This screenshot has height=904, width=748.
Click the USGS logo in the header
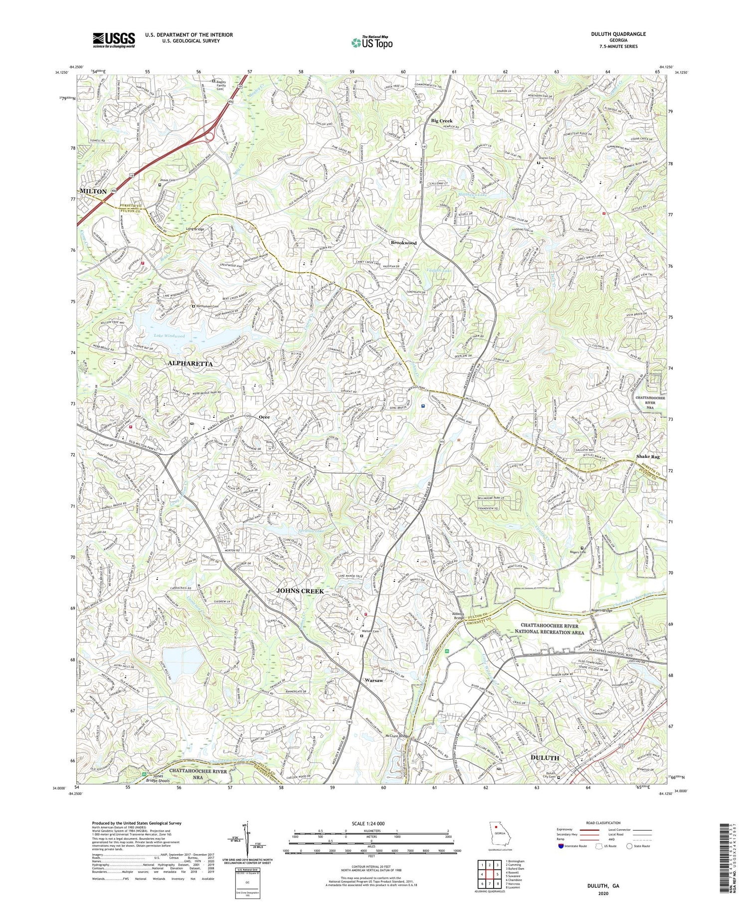coord(114,40)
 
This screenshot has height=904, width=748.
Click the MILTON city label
coord(93,191)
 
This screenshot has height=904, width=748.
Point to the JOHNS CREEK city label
coord(300,591)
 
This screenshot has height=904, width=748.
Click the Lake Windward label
coord(169,336)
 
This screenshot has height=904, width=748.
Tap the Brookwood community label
coord(403,243)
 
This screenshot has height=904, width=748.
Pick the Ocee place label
coord(264,417)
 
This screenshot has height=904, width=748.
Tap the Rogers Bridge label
coord(601,610)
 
